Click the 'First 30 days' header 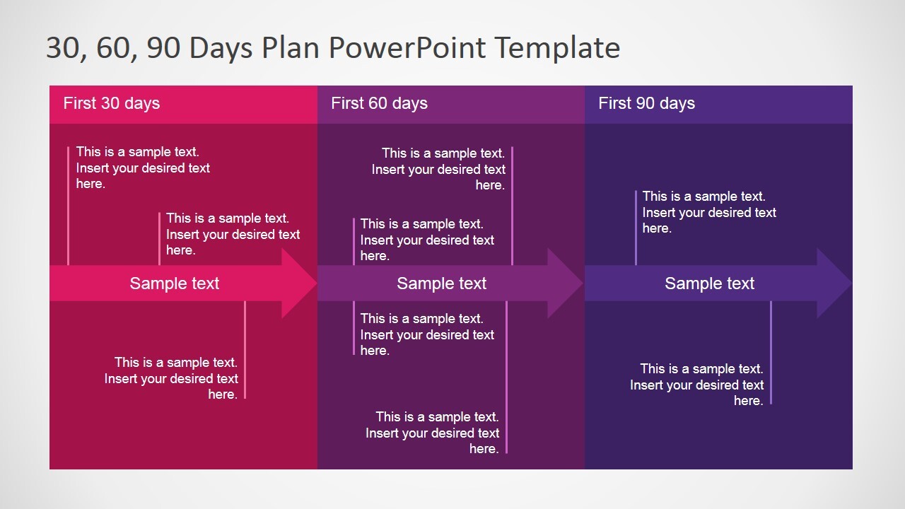coord(112,103)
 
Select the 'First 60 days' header coord(379,103)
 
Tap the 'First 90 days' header coord(646,103)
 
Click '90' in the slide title coord(167,48)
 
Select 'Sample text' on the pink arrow coord(175,283)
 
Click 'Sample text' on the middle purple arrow coord(442,283)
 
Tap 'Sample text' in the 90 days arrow coord(710,283)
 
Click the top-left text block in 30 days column coord(143,168)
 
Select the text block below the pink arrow coord(171,378)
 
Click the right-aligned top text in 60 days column coord(438,169)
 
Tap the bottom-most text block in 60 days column coord(433,433)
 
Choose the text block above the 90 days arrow coord(709,212)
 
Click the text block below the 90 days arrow coord(697,385)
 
